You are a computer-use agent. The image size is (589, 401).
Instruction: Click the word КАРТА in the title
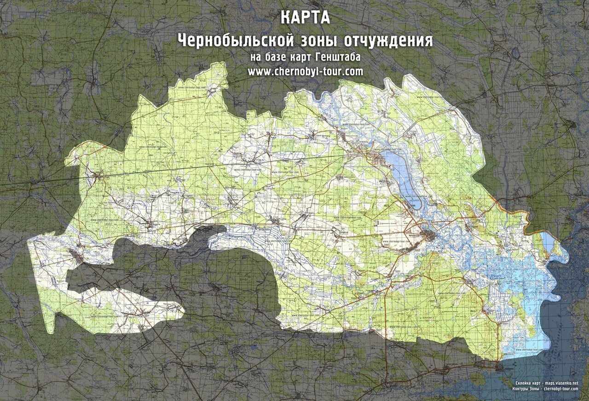[305, 18]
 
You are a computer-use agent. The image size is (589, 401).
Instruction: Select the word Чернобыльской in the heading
[236, 40]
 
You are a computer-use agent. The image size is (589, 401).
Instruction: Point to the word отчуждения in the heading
[388, 40]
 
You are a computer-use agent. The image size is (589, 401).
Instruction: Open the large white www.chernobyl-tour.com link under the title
[305, 71]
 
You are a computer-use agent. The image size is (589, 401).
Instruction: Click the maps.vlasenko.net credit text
[561, 383]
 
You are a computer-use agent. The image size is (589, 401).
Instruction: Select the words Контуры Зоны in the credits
[526, 389]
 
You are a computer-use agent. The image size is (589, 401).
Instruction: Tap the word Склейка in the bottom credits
[524, 383]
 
